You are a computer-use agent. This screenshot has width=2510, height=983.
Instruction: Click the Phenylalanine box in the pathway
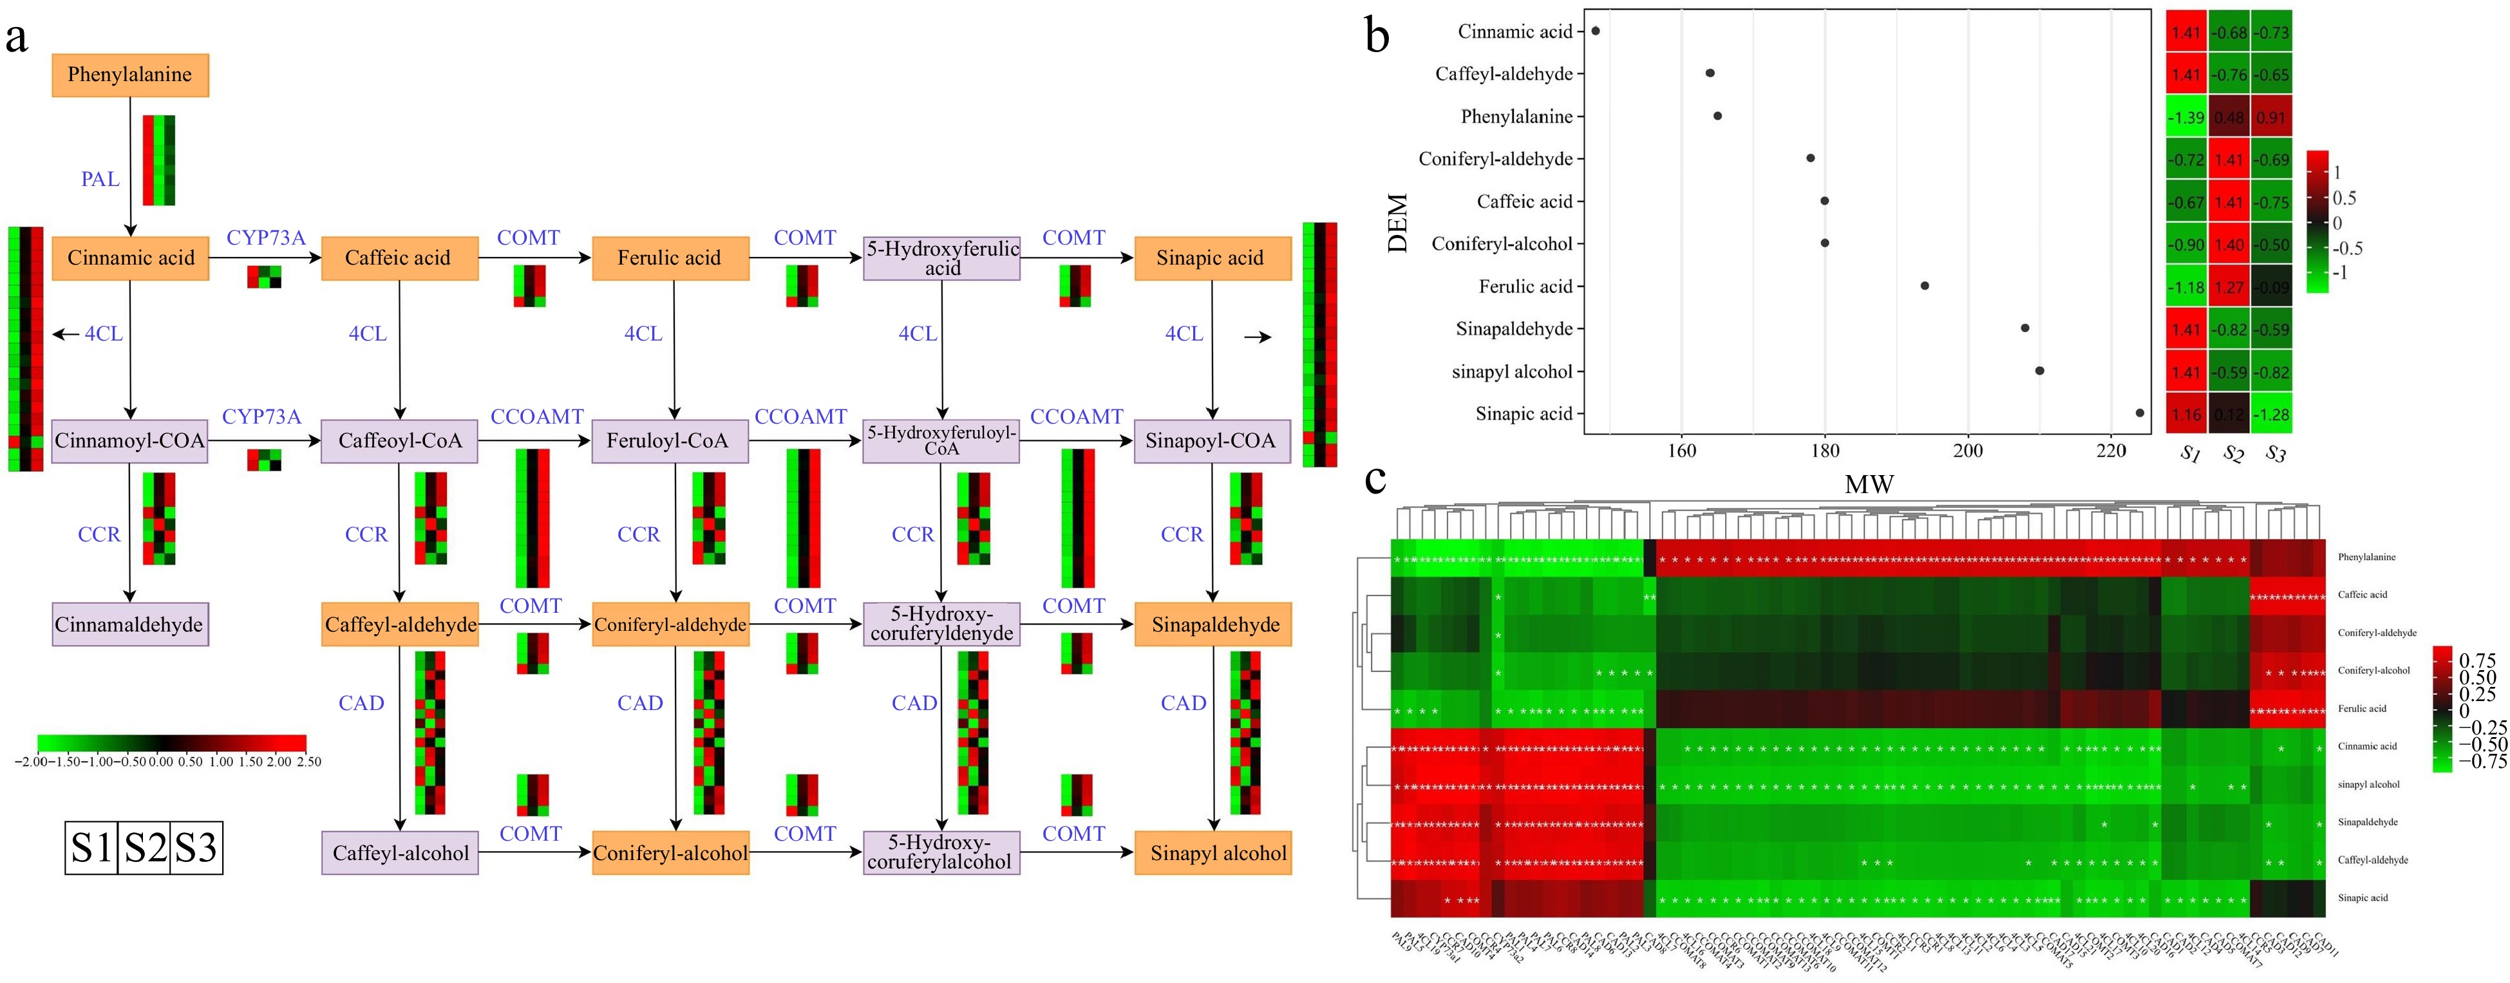click(129, 75)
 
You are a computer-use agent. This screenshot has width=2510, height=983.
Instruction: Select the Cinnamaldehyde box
click(129, 624)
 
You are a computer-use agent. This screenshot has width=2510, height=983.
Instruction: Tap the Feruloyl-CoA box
click(668, 440)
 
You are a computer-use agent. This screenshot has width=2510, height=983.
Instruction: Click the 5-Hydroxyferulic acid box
click(941, 258)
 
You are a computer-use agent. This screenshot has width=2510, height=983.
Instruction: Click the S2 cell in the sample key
click(144, 848)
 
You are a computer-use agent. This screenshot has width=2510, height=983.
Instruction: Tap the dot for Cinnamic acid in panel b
click(1595, 31)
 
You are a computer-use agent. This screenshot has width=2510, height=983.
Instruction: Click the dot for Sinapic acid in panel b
click(2140, 413)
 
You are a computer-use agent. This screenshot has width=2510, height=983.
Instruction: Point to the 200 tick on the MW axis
click(1967, 451)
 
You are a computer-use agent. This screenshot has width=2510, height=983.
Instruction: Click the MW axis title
click(1868, 484)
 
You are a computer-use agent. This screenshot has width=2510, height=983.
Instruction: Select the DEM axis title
click(1398, 223)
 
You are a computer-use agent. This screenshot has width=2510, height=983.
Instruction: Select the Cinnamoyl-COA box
click(129, 440)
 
